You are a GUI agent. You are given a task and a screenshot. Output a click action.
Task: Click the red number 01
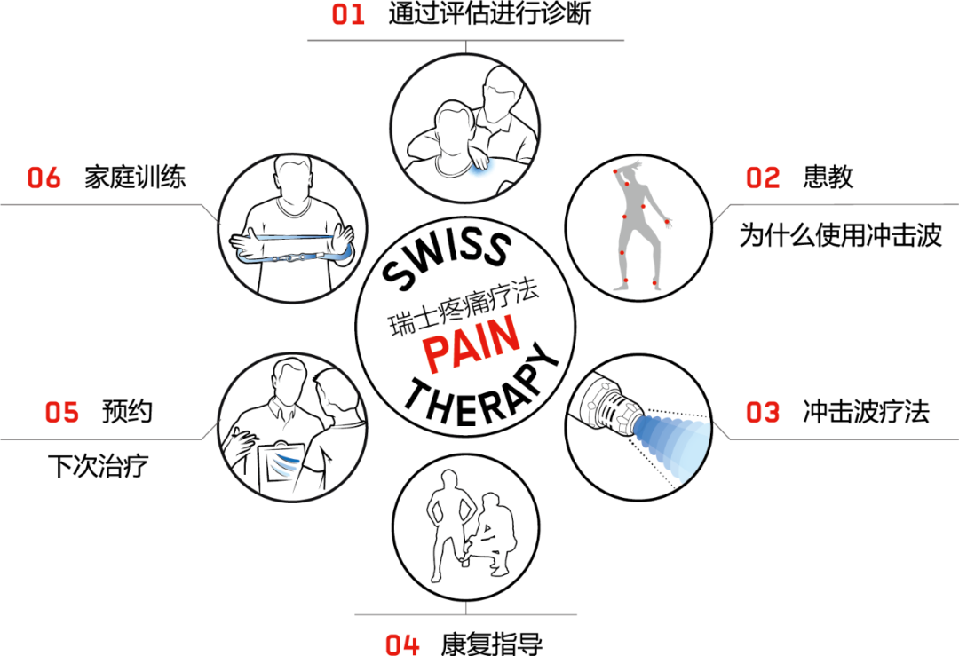pos(348,15)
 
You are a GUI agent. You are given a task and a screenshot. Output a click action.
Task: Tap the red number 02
pos(763,178)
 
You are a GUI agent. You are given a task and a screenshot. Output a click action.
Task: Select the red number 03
pos(763,413)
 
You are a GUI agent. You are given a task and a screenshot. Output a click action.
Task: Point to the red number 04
pos(402,645)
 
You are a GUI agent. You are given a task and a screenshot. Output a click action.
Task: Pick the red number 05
pos(62,413)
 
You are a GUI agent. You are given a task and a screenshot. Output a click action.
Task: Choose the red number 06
pos(44,178)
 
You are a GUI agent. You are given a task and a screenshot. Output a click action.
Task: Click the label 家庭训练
pos(135,178)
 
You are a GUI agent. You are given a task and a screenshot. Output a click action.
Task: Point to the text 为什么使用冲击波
pos(840,235)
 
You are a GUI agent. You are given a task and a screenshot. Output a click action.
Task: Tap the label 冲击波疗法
pos(866,412)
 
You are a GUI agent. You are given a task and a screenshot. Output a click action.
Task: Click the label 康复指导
pos(492,644)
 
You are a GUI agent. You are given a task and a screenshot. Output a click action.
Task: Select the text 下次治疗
pos(98,466)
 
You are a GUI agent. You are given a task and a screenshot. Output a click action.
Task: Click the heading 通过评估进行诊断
pos(490,14)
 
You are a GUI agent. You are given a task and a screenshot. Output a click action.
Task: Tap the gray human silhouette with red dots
pos(639,226)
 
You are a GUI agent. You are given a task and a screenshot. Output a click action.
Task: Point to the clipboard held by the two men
pos(281,468)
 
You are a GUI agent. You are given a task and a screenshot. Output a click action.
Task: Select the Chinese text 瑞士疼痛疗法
pos(464,307)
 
